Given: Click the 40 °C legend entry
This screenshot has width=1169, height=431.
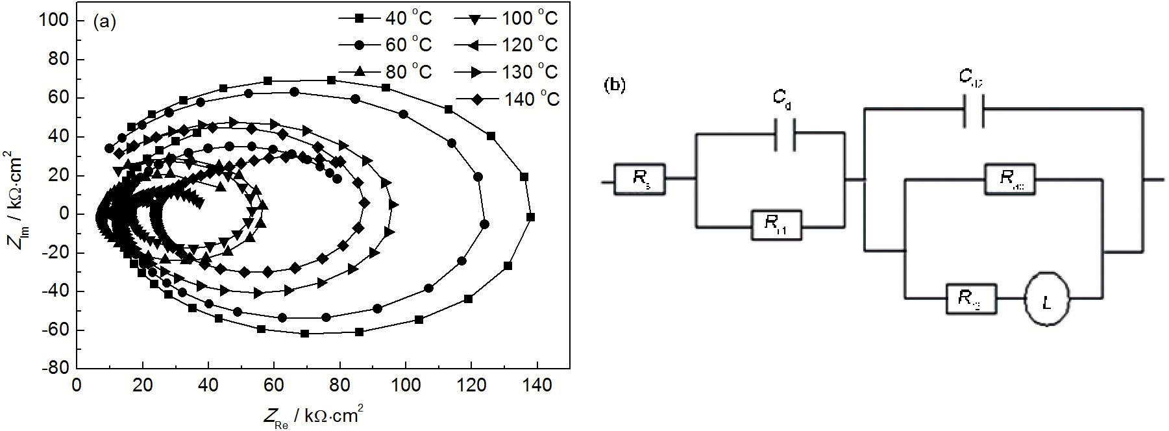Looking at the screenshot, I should tap(384, 18).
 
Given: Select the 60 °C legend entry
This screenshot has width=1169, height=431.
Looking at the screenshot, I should tap(384, 45).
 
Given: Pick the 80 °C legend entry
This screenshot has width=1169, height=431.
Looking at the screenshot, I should tap(384, 71).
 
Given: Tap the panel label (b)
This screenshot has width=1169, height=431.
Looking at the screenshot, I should tap(614, 86).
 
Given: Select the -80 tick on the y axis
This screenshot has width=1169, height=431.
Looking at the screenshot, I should tap(56, 368).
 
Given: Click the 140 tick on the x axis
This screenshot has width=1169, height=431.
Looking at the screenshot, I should tap(537, 386).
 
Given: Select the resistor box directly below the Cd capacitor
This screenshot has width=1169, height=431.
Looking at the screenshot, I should tap(776, 225).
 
